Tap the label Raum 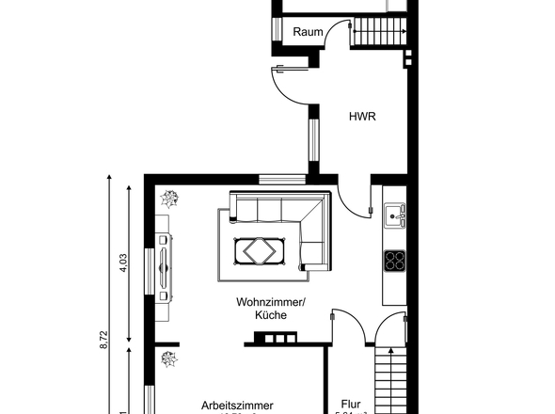click(x=308, y=32)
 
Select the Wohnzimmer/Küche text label click(x=271, y=309)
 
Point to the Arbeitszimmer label click(x=238, y=406)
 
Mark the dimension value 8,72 click(x=103, y=339)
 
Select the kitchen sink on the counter click(x=396, y=216)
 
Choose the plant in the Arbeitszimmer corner click(x=169, y=358)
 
